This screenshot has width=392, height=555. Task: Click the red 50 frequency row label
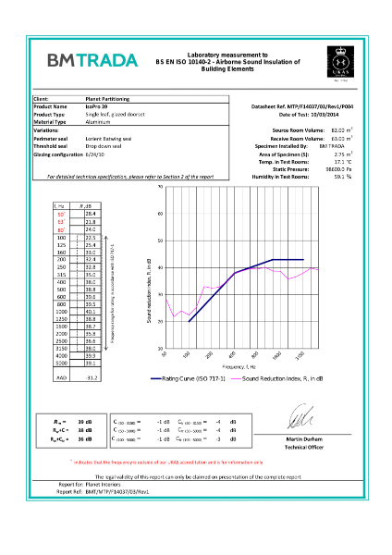pyautogui.click(x=61, y=214)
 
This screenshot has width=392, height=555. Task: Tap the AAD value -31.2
pyautogui.click(x=91, y=378)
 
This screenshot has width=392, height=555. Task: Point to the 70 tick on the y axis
pyautogui.click(x=161, y=188)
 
